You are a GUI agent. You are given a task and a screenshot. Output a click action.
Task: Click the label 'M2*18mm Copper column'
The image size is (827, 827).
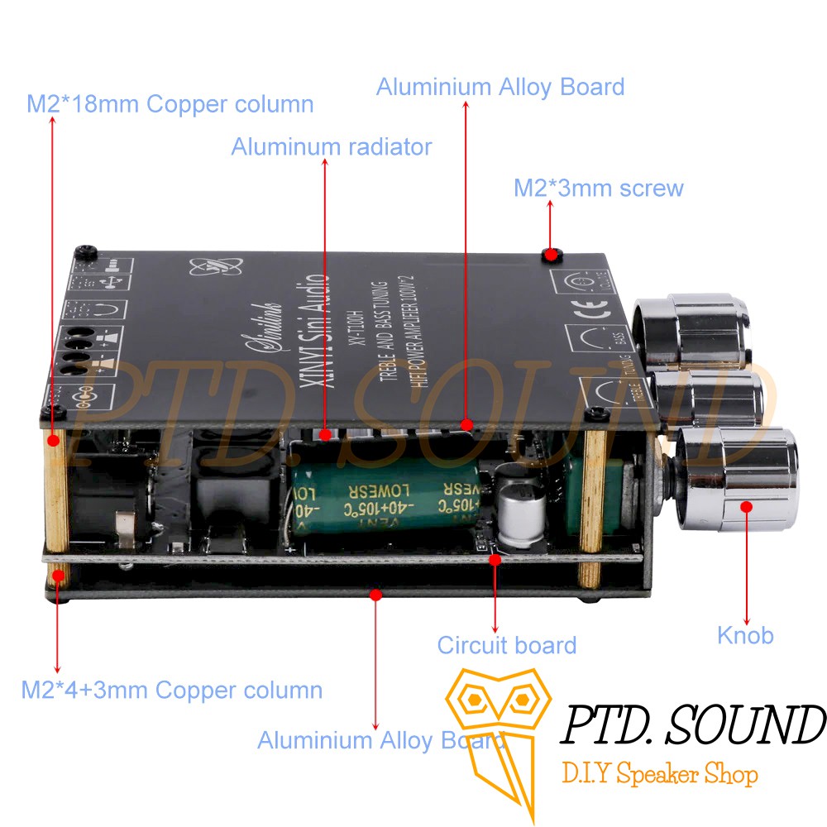click(170, 104)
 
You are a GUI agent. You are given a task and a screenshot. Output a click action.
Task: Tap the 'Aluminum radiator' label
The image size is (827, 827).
click(331, 147)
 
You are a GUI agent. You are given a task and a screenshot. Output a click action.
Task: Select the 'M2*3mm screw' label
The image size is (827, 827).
click(599, 188)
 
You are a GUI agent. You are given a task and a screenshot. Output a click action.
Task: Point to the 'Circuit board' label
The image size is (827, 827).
click(506, 645)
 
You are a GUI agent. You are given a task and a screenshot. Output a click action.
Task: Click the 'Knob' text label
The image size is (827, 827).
click(745, 635)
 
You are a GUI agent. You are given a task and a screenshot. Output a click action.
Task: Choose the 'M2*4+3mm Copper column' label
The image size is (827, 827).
click(171, 689)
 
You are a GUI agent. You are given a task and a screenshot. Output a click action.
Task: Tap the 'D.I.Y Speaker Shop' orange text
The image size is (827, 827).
click(659, 776)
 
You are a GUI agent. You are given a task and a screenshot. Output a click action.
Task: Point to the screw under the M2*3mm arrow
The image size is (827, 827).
click(550, 253)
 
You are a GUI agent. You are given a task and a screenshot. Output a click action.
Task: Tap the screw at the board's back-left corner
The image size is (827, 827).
click(84, 251)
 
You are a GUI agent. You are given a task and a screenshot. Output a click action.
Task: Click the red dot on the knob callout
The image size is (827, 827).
click(746, 506)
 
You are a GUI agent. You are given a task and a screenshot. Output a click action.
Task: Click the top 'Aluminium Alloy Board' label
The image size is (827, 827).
click(500, 87)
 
